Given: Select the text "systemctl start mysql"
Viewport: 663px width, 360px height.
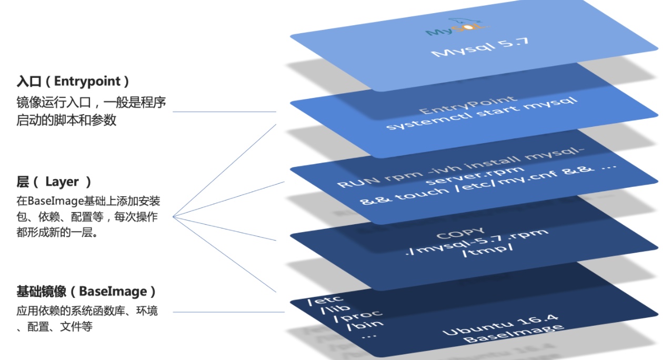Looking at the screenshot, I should click(481, 114).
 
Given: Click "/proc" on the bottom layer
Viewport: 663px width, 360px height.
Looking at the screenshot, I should click(358, 316).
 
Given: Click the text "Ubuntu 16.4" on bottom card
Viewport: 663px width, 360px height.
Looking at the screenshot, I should click(500, 324).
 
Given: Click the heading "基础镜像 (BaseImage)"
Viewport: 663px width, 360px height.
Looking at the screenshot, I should click(86, 291).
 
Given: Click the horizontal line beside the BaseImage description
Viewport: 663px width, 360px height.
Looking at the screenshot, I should click(229, 312).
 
